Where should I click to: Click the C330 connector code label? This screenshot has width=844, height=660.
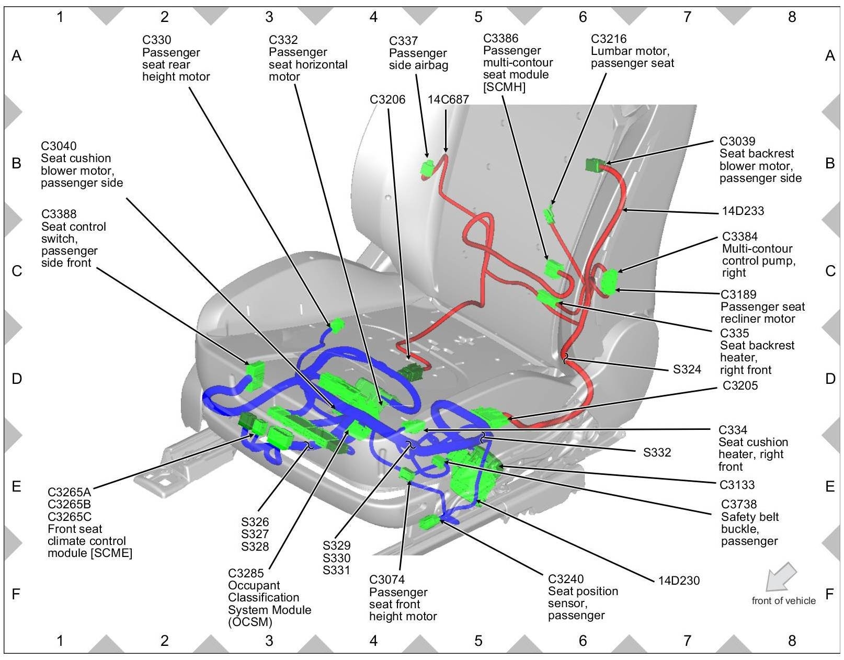click(156, 40)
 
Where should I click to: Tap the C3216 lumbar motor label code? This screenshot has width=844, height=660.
click(609, 39)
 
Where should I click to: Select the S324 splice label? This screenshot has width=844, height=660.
click(687, 369)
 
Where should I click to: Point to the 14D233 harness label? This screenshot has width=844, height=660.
click(743, 211)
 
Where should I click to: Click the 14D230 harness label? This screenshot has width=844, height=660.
click(678, 580)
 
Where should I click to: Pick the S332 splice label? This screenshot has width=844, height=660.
click(657, 452)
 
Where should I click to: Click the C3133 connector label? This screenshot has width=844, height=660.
click(737, 485)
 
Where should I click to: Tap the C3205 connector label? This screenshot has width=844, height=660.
click(740, 385)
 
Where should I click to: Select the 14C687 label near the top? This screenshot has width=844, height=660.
click(448, 99)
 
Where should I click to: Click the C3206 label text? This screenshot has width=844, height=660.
click(387, 99)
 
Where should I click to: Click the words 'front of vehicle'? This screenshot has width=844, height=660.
click(783, 600)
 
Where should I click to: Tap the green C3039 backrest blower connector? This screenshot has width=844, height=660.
click(595, 165)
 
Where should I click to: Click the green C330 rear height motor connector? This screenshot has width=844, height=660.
click(336, 325)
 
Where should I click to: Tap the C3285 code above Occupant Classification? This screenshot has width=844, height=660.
click(246, 573)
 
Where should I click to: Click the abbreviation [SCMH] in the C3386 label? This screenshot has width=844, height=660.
click(504, 87)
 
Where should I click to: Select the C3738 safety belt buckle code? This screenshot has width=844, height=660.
click(739, 504)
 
